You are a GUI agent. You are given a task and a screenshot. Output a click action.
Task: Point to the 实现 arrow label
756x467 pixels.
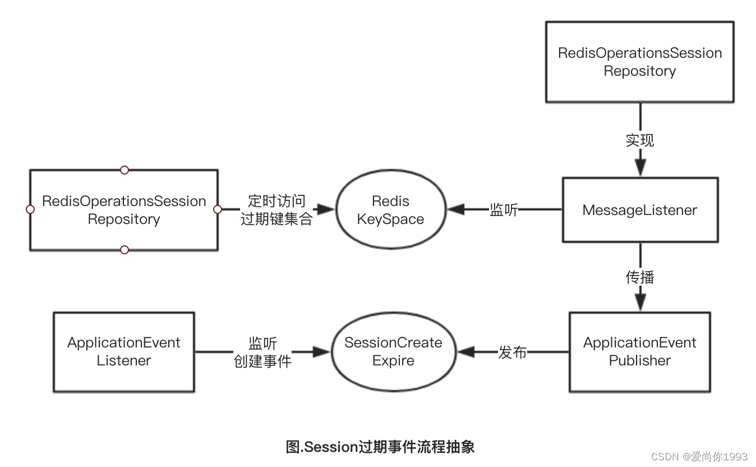(640, 140)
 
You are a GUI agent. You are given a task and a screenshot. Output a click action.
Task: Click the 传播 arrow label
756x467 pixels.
(640, 278)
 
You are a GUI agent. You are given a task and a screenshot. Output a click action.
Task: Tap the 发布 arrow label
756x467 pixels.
(513, 352)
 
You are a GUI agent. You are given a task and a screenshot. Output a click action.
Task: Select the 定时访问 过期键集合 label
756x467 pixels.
(276, 210)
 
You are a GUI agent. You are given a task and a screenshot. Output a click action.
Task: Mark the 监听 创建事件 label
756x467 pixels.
(262, 352)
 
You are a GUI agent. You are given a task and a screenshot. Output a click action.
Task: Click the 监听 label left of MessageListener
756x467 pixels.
(504, 210)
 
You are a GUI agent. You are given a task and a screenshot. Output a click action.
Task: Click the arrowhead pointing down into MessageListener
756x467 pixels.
(640, 167)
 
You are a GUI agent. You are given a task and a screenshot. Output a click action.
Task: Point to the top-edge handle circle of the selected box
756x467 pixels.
(124, 170)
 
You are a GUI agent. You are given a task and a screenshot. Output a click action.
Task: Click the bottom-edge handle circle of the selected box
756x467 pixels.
(124, 250)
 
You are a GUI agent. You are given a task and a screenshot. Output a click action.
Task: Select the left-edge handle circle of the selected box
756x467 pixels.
(30, 209)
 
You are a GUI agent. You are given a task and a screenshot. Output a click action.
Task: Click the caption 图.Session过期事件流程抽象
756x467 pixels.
(380, 447)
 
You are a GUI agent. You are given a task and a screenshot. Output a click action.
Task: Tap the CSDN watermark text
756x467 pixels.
(699, 456)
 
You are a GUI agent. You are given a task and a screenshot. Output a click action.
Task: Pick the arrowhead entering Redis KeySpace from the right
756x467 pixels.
(457, 209)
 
